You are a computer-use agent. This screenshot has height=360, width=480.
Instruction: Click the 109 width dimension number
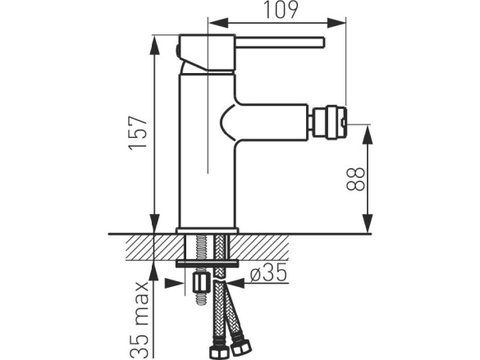pyautogui.click(x=281, y=10)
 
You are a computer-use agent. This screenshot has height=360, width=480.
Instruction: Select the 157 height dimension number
pyautogui.click(x=139, y=133)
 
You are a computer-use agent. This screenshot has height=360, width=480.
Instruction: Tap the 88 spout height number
pyautogui.click(x=356, y=180)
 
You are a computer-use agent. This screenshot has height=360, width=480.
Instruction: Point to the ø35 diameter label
pyautogui.click(x=268, y=272)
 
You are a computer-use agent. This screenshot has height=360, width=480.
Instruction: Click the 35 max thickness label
pyautogui.click(x=139, y=320)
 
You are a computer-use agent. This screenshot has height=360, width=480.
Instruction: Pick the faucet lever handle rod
pyautogui.click(x=280, y=42)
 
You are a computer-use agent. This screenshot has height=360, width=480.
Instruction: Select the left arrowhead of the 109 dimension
pyautogui.click(x=218, y=23)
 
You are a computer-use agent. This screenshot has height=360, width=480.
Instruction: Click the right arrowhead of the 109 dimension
pyautogui.click(x=336, y=23)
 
